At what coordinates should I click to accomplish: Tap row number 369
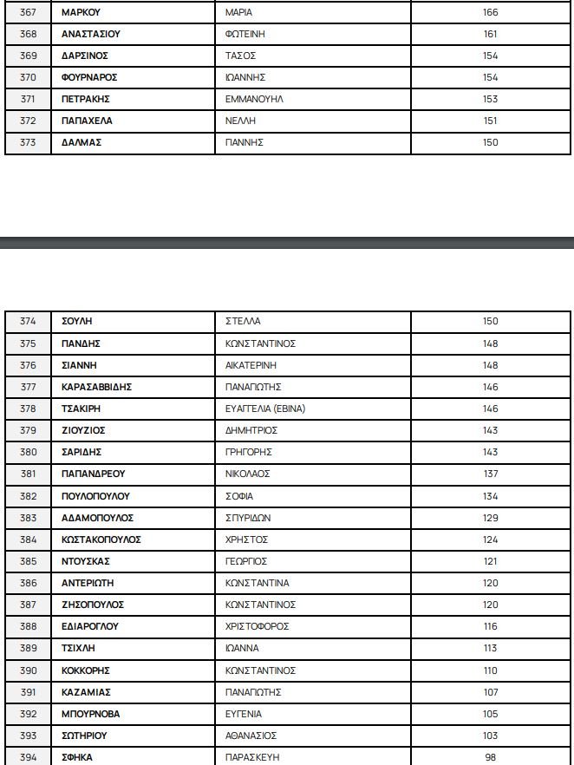click(x=28, y=56)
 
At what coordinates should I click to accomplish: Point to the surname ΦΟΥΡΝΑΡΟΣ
click(x=89, y=77)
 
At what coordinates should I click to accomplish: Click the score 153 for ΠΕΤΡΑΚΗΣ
click(x=491, y=99)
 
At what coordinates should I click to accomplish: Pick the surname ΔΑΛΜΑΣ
click(x=82, y=142)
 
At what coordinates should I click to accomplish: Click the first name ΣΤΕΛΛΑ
click(x=242, y=321)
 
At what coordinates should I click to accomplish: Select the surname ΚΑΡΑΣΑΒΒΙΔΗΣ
click(x=96, y=387)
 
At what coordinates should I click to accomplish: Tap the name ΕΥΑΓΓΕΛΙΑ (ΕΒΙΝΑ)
click(x=264, y=409)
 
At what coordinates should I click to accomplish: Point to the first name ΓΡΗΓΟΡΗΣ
click(x=248, y=452)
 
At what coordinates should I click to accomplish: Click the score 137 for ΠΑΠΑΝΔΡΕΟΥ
click(x=491, y=474)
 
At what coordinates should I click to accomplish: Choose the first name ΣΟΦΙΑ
click(x=238, y=496)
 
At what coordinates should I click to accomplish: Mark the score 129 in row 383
click(x=491, y=518)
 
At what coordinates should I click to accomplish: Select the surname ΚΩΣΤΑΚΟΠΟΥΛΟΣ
click(x=101, y=539)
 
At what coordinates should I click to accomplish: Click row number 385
click(x=28, y=561)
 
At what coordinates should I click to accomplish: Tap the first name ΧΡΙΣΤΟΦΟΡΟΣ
click(x=257, y=626)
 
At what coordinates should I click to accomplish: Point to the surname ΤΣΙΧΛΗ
click(x=80, y=648)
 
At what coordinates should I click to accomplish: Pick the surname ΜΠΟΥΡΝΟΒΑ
click(x=90, y=714)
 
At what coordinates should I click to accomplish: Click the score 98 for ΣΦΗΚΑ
click(x=491, y=757)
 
